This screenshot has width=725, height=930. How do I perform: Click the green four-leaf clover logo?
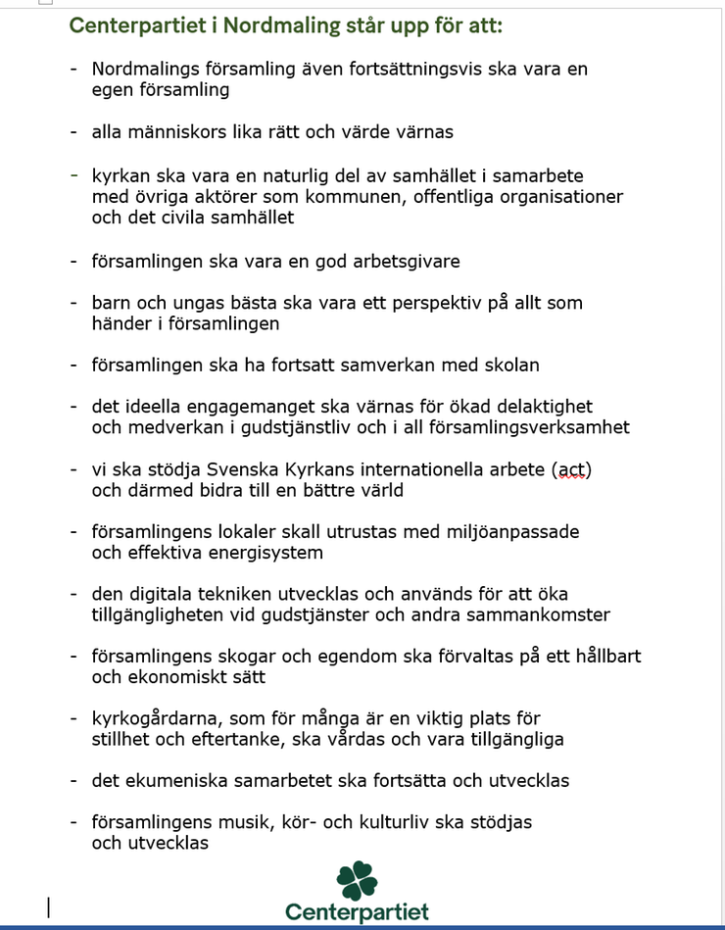click(357, 879)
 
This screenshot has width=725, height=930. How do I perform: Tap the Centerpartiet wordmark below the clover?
click(357, 912)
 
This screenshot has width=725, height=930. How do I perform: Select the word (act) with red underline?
click(572, 469)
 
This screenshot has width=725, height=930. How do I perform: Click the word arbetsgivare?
click(407, 261)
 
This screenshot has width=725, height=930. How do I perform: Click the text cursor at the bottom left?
click(49, 907)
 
